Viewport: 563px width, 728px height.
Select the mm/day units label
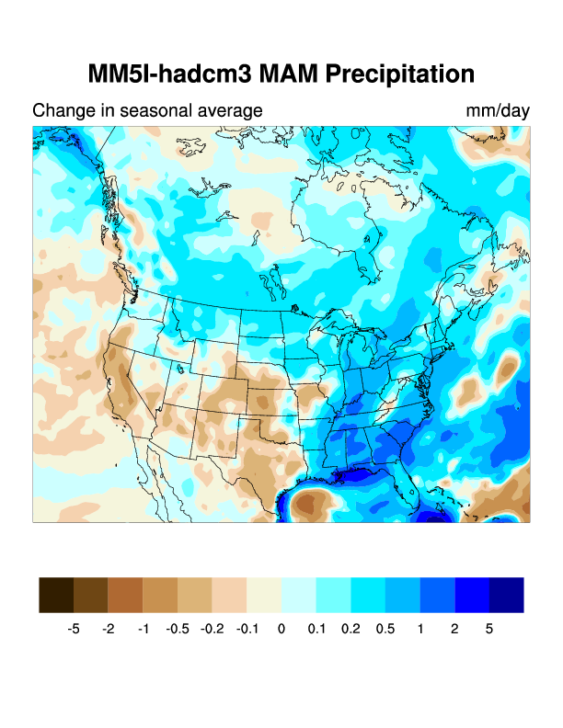(x=498, y=111)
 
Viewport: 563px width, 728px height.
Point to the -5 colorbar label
(x=74, y=630)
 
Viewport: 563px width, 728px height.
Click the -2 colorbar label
(x=109, y=630)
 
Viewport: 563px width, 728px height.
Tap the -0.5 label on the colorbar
(x=178, y=630)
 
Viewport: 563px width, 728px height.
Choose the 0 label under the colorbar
(x=281, y=630)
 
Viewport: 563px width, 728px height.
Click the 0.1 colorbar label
(x=316, y=630)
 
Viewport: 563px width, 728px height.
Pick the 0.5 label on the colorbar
(x=385, y=630)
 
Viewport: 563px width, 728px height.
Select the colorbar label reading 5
(x=489, y=630)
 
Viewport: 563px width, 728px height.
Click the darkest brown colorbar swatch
(x=56, y=595)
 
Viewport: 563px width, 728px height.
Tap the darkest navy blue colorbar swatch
(x=507, y=595)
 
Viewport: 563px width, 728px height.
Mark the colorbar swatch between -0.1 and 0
(x=264, y=595)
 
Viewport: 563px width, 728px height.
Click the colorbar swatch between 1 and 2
(x=437, y=595)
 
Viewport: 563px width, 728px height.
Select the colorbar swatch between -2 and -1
(x=125, y=595)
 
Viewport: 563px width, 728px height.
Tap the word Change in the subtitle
(x=60, y=111)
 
